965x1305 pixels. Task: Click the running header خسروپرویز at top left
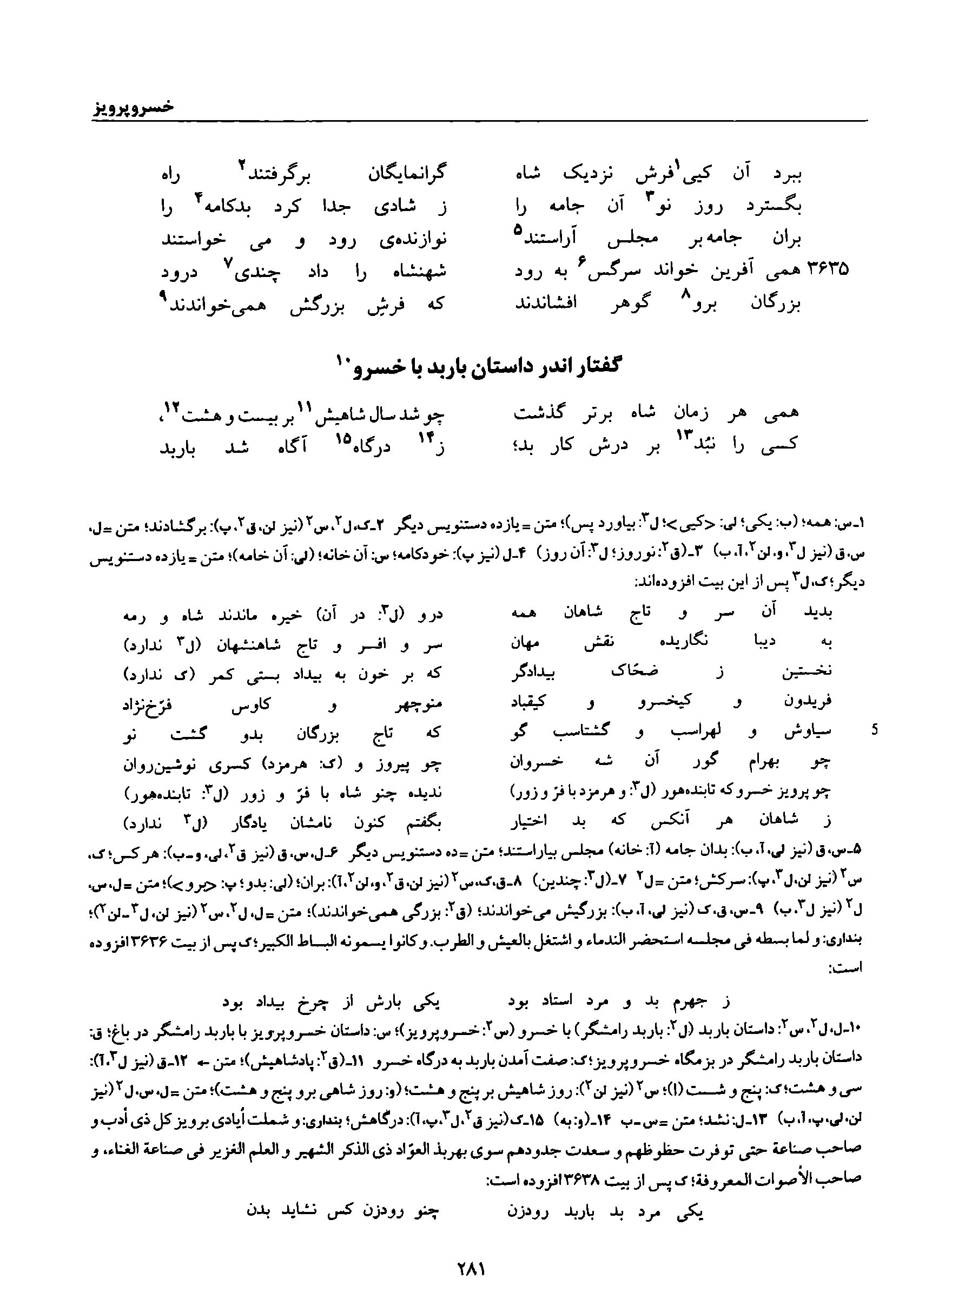coord(134,108)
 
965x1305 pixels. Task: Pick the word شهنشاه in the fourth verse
coord(417,272)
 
